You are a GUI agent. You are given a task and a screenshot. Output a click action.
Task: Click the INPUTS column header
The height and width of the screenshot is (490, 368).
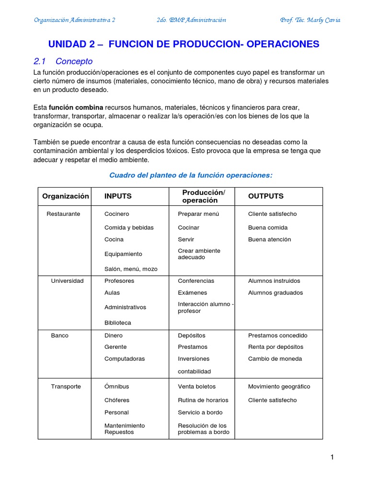coord(118,196)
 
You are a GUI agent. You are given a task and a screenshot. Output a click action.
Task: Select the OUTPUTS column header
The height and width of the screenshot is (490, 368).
coord(265,196)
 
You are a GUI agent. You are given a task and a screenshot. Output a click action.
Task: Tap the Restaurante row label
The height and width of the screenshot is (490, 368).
coord(63,214)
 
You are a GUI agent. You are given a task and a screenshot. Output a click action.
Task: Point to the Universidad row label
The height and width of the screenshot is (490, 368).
coord(67,281)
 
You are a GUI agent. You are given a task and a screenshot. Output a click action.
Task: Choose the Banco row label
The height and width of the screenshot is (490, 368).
coord(60,335)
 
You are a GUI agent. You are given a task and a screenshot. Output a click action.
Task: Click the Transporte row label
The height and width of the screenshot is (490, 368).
coord(66,386)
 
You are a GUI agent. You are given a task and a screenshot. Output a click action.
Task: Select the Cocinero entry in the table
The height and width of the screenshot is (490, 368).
coord(116,214)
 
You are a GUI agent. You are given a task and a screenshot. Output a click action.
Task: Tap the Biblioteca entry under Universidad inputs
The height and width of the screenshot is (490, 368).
coord(117,323)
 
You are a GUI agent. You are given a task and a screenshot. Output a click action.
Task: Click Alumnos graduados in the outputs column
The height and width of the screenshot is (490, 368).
coord(275,292)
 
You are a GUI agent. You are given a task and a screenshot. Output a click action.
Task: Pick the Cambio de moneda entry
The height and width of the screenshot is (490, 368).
coord(275,358)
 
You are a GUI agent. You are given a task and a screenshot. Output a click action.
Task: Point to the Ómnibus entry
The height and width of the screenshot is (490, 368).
coord(116,386)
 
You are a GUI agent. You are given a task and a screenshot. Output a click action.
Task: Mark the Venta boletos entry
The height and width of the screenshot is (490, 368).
coord(196,386)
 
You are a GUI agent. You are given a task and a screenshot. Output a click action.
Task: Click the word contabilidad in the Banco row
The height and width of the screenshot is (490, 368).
coord(194,371)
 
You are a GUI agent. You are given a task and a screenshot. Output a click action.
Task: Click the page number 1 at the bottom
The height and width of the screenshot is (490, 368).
coord(332,457)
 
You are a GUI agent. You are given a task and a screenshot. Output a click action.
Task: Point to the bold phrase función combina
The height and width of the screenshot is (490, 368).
coord(76,107)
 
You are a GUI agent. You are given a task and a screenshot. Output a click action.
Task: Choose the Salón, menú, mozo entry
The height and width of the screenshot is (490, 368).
coord(131,269)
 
